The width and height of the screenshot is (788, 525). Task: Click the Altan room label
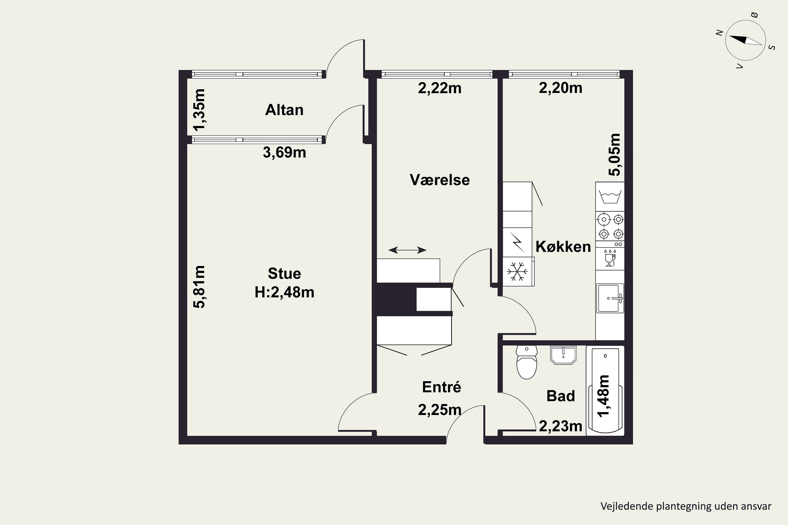(284, 110)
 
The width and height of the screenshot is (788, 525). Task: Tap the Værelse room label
(439, 180)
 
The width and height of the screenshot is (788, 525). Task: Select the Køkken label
(563, 246)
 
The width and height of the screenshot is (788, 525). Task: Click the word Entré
(442, 387)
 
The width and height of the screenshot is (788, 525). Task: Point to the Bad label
(561, 396)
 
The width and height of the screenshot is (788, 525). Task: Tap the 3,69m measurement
(284, 152)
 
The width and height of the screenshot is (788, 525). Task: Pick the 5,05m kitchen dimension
(614, 154)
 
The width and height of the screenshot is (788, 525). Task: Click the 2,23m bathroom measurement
(561, 426)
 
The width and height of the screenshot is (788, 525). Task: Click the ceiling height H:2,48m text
(284, 292)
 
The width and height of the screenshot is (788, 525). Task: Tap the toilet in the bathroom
(527, 362)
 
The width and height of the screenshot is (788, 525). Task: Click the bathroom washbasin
(563, 355)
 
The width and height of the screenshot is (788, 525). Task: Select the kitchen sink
(610, 298)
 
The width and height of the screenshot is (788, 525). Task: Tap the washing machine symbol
(610, 197)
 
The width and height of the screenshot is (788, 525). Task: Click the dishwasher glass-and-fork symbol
(610, 258)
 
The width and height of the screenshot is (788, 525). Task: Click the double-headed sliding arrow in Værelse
(407, 250)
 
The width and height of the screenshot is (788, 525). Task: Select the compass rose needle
(745, 40)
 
